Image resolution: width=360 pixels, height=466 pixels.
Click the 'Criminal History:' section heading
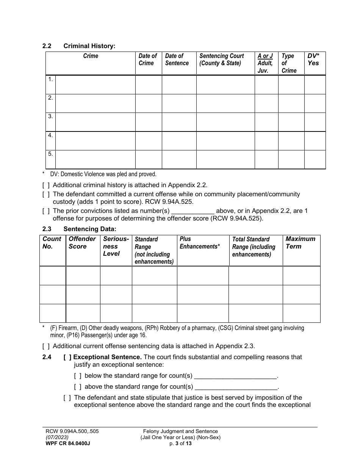tap(89, 46)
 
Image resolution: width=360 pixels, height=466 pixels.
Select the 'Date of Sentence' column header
tap(177, 59)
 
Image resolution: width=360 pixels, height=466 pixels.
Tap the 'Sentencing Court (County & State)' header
tap(222, 59)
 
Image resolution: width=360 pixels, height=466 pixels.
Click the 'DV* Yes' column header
tap(313, 59)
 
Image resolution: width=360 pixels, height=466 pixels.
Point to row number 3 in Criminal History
tap(50, 117)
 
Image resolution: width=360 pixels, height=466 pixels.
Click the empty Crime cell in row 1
tap(95, 84)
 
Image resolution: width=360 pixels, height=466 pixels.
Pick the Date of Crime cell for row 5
tap(149, 159)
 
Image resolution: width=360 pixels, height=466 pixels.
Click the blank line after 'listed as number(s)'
tap(193, 211)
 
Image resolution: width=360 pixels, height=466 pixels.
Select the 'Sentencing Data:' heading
tap(89, 229)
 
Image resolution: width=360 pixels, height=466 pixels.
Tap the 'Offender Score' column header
tap(82, 242)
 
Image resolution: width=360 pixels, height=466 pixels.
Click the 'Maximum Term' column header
tap(300, 242)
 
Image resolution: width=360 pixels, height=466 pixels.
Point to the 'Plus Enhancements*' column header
tap(200, 242)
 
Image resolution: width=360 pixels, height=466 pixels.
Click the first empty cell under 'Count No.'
tap(53, 275)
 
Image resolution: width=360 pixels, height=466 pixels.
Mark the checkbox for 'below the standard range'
tap(78, 376)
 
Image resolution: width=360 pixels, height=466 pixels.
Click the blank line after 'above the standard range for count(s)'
tap(236, 387)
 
